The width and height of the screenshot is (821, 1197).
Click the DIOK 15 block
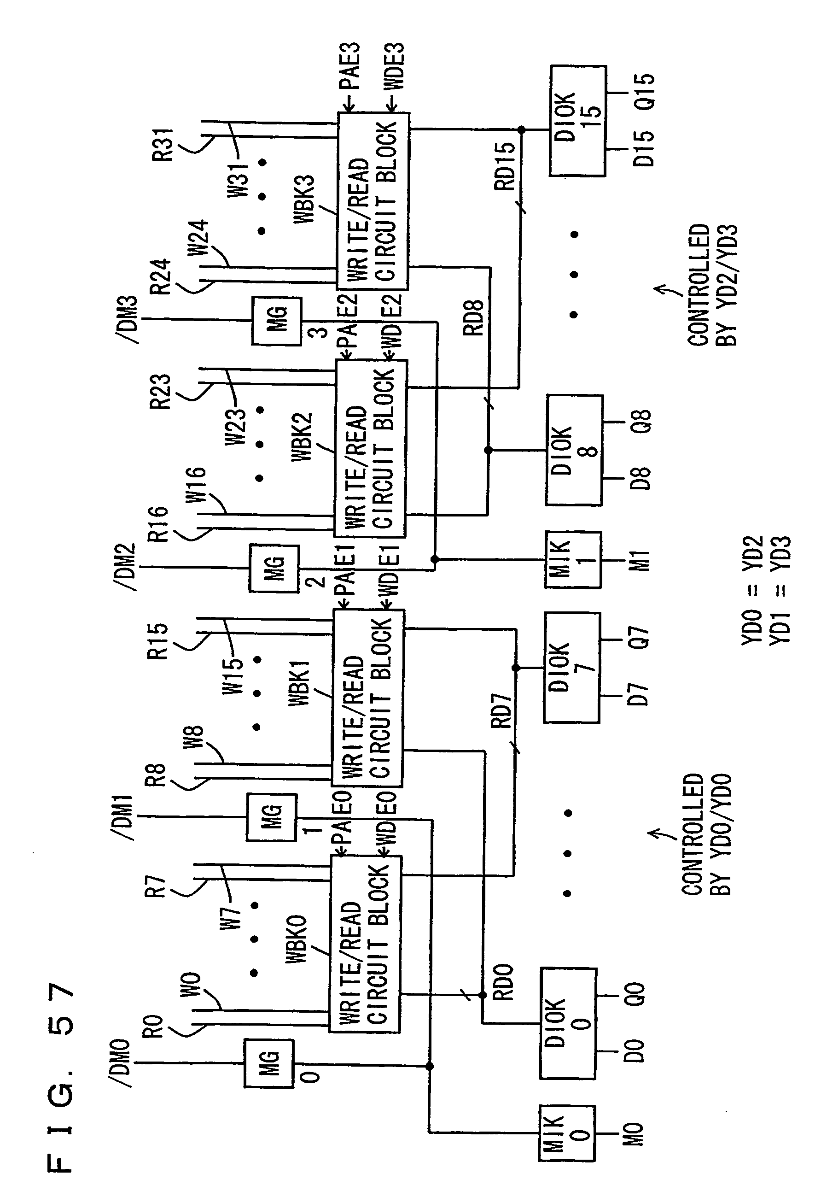(x=577, y=121)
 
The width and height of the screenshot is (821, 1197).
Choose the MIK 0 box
(x=567, y=1133)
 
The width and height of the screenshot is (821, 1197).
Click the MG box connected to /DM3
(x=276, y=320)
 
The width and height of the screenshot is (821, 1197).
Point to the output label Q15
(x=644, y=92)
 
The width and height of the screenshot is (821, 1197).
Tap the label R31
(x=165, y=145)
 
